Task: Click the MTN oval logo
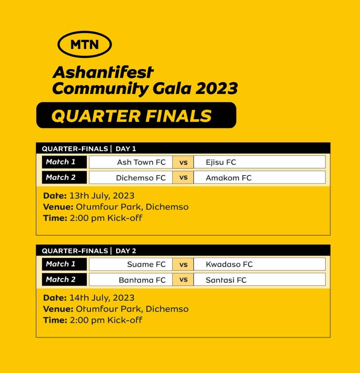pyautogui.click(x=85, y=44)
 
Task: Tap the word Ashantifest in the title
pyautogui.click(x=103, y=72)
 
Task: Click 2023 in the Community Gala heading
pyautogui.click(x=216, y=88)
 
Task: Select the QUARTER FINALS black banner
pyautogui.click(x=136, y=115)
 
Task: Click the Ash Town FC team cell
pyautogui.click(x=131, y=162)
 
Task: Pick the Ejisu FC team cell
pyautogui.click(x=259, y=162)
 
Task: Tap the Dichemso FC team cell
pyautogui.click(x=131, y=178)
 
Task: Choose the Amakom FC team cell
pyautogui.click(x=259, y=178)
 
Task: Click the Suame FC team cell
pyautogui.click(x=131, y=264)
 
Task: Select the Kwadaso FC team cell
pyautogui.click(x=259, y=264)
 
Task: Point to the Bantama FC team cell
pyautogui.click(x=131, y=279)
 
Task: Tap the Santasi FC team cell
pyautogui.click(x=259, y=279)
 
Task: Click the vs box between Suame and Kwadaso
pyautogui.click(x=183, y=264)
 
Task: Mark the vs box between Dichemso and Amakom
pyautogui.click(x=183, y=178)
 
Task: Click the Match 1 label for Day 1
pyautogui.click(x=64, y=162)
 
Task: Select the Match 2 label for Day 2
pyautogui.click(x=64, y=279)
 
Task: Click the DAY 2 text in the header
pyautogui.click(x=126, y=251)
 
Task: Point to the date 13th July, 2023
pyautogui.click(x=102, y=196)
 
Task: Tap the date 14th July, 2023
pyautogui.click(x=102, y=298)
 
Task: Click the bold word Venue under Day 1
pyautogui.click(x=58, y=207)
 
